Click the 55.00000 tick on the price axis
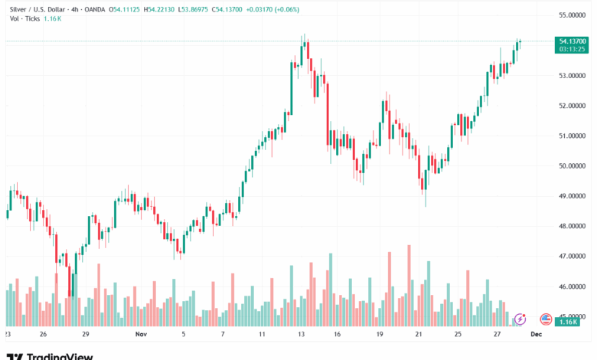pos(573,15)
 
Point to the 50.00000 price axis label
pos(573,165)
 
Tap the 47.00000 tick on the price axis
pos(573,256)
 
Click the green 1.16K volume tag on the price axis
pos(568,322)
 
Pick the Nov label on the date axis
pos(140,335)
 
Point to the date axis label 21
pos(419,335)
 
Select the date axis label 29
pos(86,335)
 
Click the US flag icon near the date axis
pos(546,319)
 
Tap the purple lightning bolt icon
pos(520,319)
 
